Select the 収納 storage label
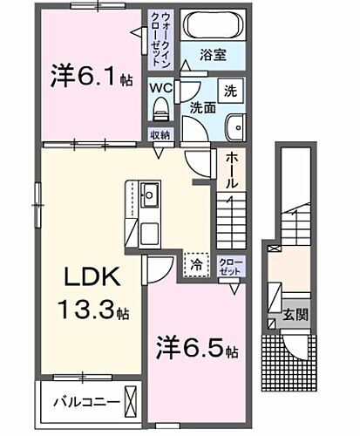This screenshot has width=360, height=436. tap(159, 135)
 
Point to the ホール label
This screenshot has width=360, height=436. tap(233, 173)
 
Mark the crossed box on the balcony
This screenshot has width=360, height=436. tap(130, 402)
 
